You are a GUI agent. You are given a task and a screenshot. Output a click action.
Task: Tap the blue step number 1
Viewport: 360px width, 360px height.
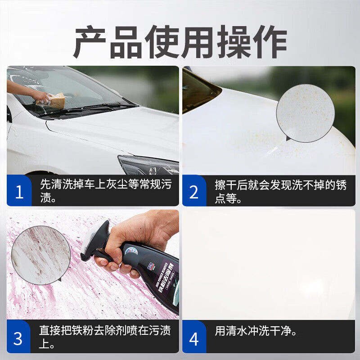point(19,192)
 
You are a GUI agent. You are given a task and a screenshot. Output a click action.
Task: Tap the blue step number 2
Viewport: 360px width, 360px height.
point(194,192)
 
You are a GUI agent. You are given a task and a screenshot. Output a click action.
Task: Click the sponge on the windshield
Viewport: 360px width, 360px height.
point(53,100)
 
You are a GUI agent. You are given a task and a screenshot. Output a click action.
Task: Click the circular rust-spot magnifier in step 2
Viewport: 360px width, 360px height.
point(305,113)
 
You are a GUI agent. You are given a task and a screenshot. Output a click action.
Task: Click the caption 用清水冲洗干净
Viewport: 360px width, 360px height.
point(256,332)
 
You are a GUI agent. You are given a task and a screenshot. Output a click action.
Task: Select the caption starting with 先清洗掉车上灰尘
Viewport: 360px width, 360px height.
point(106,191)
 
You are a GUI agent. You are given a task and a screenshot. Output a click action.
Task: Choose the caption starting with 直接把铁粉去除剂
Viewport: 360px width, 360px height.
point(106,337)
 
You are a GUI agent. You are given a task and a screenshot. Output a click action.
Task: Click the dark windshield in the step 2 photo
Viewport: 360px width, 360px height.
point(198,90)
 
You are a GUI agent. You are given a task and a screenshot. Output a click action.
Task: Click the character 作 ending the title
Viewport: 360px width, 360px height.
point(270,42)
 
